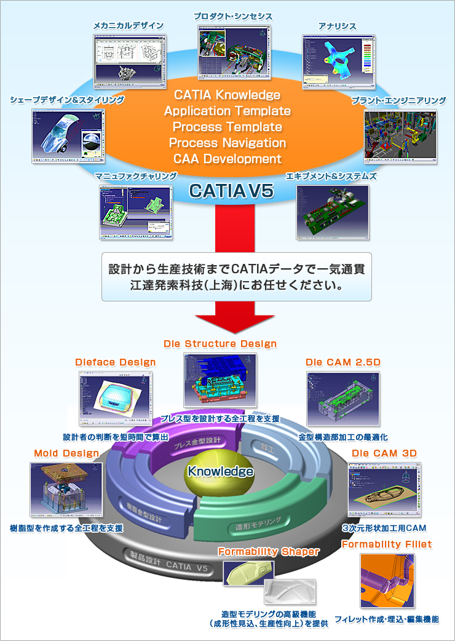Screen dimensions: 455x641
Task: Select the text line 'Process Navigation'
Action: (x=228, y=143)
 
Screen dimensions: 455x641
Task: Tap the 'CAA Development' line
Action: (x=228, y=159)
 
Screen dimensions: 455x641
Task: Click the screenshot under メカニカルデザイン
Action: (x=130, y=60)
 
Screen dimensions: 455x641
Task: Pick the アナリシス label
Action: (x=337, y=27)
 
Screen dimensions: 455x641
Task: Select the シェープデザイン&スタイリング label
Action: (x=67, y=100)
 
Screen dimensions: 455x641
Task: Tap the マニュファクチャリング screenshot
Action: (x=136, y=212)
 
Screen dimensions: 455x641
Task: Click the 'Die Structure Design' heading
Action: (x=220, y=344)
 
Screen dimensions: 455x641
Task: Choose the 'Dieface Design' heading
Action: (x=115, y=362)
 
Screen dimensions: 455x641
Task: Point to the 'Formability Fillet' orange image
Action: (x=387, y=581)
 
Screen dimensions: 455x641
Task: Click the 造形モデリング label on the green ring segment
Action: (x=258, y=523)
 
